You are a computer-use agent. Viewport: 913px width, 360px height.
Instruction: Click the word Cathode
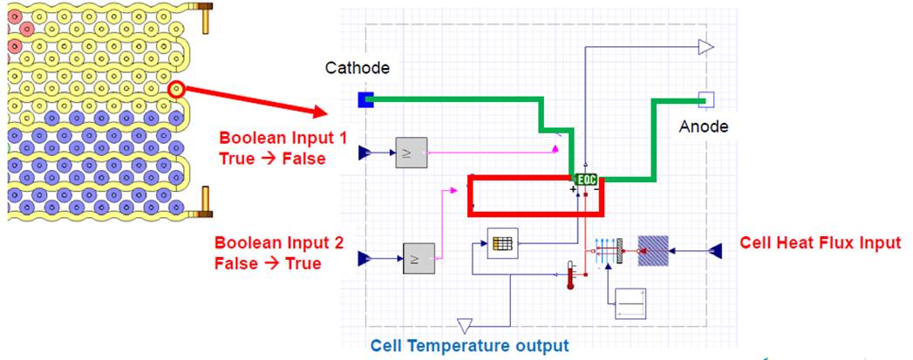[x=357, y=68]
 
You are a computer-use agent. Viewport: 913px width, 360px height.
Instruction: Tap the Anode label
[x=704, y=126]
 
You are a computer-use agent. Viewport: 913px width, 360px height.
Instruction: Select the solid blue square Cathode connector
[x=365, y=100]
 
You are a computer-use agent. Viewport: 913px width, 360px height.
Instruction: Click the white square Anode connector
[x=705, y=99]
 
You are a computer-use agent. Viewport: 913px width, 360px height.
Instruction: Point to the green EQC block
[x=586, y=180]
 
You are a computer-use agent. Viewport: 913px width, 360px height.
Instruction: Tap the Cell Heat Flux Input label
[x=820, y=242]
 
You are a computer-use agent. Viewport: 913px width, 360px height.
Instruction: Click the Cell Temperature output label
[x=469, y=346]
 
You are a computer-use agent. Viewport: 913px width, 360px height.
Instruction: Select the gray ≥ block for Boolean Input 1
[x=411, y=153]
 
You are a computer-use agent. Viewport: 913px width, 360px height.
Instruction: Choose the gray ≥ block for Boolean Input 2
[x=419, y=258]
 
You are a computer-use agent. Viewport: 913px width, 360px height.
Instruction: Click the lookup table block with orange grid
[x=502, y=243]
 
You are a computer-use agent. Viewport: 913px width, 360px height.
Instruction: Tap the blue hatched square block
[x=653, y=251]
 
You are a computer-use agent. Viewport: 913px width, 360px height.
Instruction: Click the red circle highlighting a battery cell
[x=176, y=90]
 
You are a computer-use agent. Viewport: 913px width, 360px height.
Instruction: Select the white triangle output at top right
[x=706, y=47]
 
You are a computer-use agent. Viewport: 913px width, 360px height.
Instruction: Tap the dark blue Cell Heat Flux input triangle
[x=715, y=251]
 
